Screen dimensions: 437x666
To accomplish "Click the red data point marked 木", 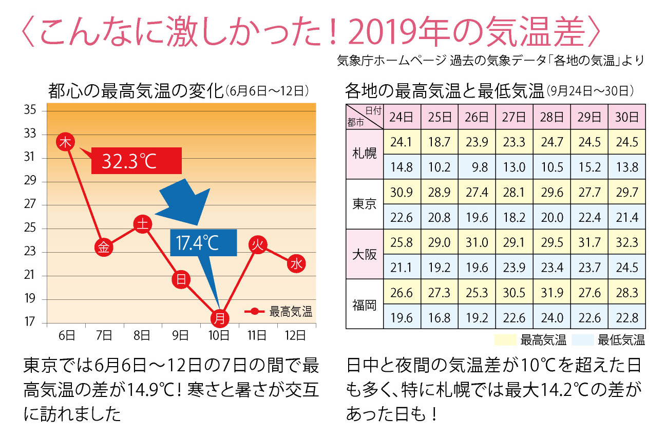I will [65, 142].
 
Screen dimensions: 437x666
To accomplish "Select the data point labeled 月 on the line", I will [219, 318].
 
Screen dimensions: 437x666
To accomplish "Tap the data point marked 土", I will [142, 224].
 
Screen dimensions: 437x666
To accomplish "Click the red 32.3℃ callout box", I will [137, 161].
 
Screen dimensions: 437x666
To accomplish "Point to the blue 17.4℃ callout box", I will [203, 243].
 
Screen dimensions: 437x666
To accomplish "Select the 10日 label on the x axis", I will [219, 336].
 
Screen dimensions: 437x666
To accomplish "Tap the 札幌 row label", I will [365, 154].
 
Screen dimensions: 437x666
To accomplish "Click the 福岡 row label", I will [365, 305].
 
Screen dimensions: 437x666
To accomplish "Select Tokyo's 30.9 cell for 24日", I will [402, 192].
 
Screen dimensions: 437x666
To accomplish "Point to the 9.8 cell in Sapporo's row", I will [477, 167].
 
